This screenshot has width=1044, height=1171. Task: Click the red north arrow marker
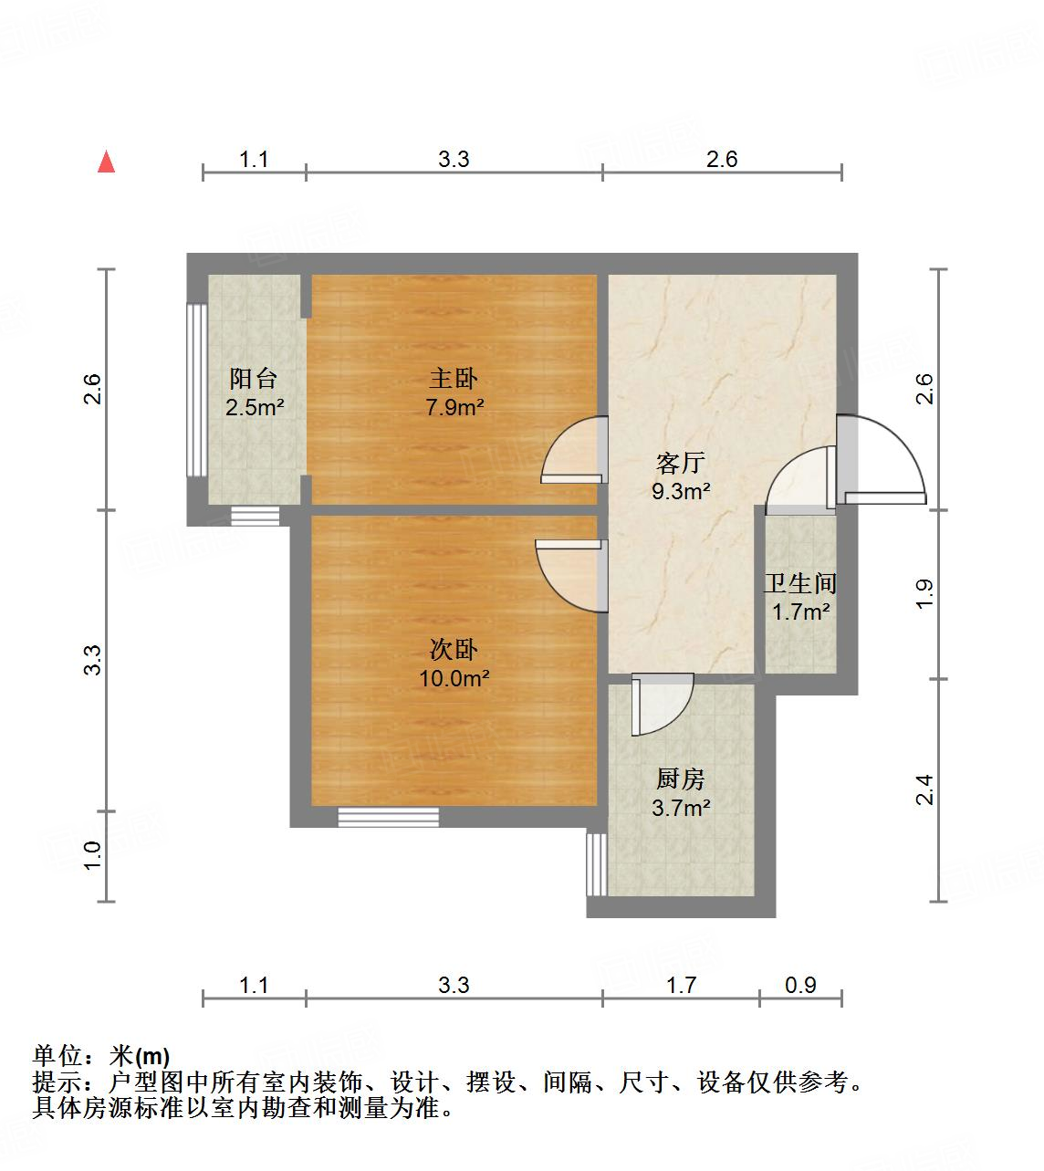pyautogui.click(x=107, y=162)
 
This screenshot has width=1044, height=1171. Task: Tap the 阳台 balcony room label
pyautogui.click(x=254, y=378)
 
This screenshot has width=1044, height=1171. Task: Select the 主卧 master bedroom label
pyautogui.click(x=454, y=378)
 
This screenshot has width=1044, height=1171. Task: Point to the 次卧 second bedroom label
pyautogui.click(x=454, y=650)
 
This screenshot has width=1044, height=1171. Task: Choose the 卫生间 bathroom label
pyautogui.click(x=800, y=582)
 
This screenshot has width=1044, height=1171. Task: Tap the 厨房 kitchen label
pyautogui.click(x=681, y=779)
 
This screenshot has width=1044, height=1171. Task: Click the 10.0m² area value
pyautogui.click(x=454, y=679)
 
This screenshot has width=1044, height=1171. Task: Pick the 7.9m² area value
pyautogui.click(x=454, y=407)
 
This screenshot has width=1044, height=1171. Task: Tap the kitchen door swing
pyautogui.click(x=663, y=705)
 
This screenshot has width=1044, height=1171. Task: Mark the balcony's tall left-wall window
pyautogui.click(x=194, y=390)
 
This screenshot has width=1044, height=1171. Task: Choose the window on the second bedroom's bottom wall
pyautogui.click(x=388, y=817)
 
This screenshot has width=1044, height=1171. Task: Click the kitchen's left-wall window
pyautogui.click(x=596, y=863)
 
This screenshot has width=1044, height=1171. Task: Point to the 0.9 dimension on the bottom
pyautogui.click(x=800, y=985)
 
